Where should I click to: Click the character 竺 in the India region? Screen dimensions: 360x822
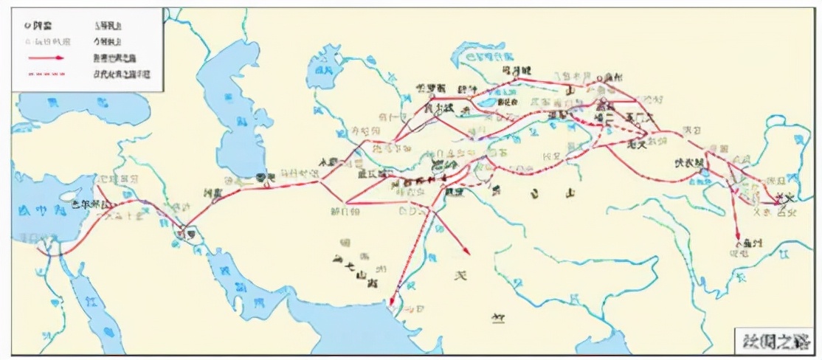pos(496,318)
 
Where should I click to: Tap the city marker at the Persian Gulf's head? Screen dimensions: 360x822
pos(191,233)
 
